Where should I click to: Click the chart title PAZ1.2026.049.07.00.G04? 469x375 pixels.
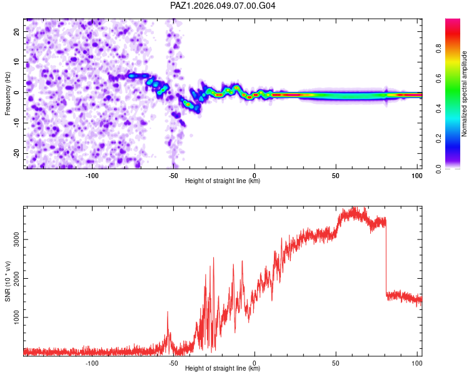[223, 6]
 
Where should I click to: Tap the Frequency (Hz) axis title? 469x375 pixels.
[8, 93]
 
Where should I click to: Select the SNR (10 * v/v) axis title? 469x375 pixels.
[8, 280]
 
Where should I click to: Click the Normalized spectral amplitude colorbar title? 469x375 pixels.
[464, 94]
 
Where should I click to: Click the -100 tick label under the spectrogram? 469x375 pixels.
[92, 175]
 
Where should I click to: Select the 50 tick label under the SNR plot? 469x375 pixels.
[336, 362]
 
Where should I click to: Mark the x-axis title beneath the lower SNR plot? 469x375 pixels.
[223, 369]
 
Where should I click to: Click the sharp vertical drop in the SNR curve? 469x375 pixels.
[386, 256]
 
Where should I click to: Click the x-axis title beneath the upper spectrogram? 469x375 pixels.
[223, 181]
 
